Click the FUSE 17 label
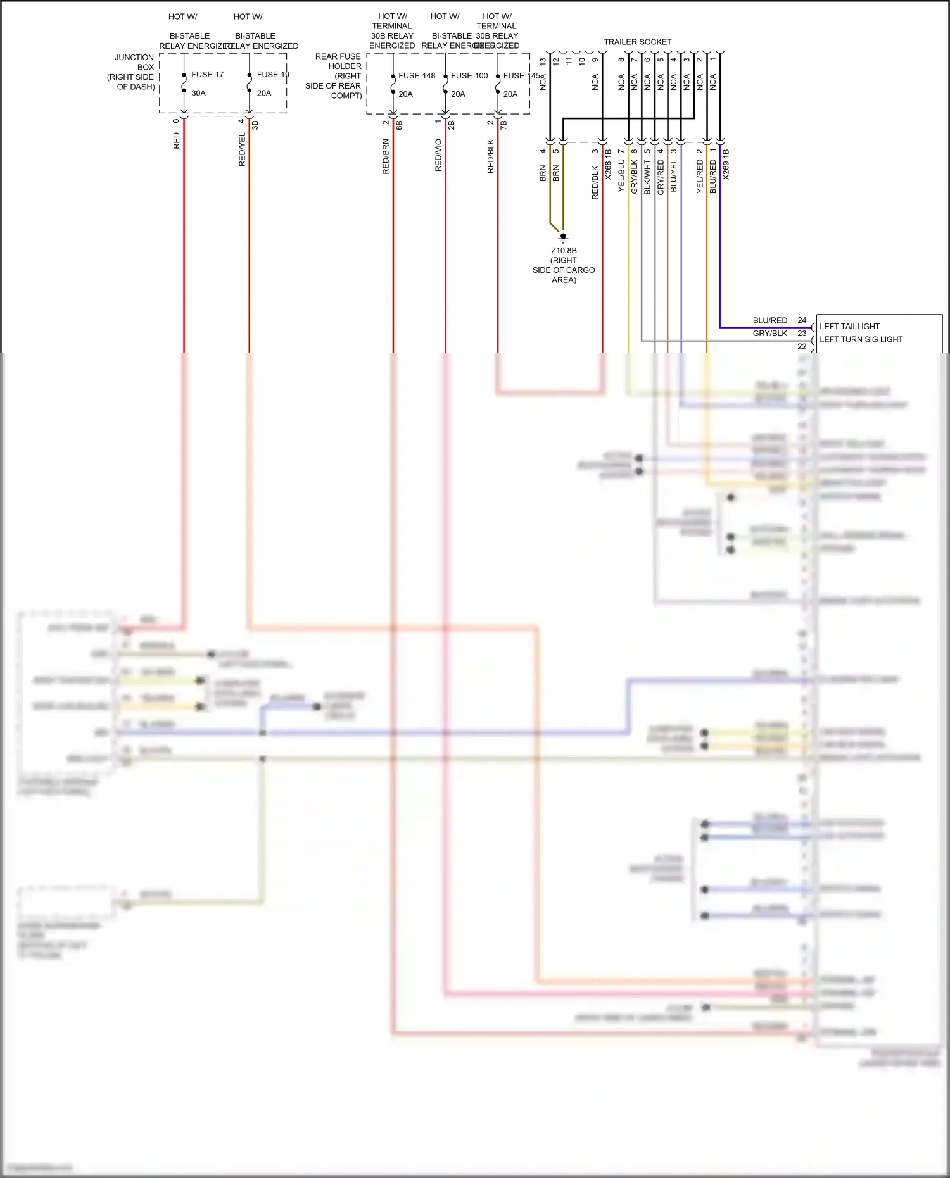point(207,75)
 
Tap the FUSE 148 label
point(417,76)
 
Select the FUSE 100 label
point(469,76)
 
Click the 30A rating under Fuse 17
point(198,93)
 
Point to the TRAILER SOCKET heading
point(637,42)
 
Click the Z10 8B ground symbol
point(563,237)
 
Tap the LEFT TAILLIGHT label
point(849,327)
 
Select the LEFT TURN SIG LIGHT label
point(861,339)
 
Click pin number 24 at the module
point(802,320)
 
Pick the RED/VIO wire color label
point(438,156)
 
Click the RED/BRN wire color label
point(386,157)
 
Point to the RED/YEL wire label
point(242,150)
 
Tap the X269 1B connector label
point(726,165)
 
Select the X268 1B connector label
point(608,165)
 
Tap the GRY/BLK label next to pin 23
point(769,334)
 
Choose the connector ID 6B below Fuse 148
point(399,125)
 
